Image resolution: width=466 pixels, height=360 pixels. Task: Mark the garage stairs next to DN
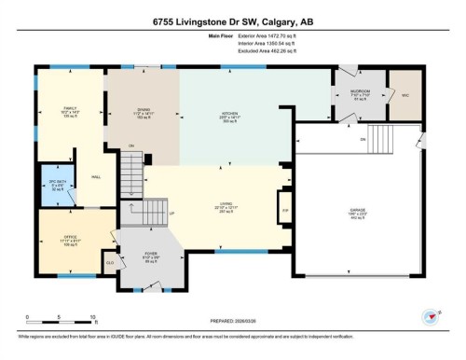click(x=400, y=140)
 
